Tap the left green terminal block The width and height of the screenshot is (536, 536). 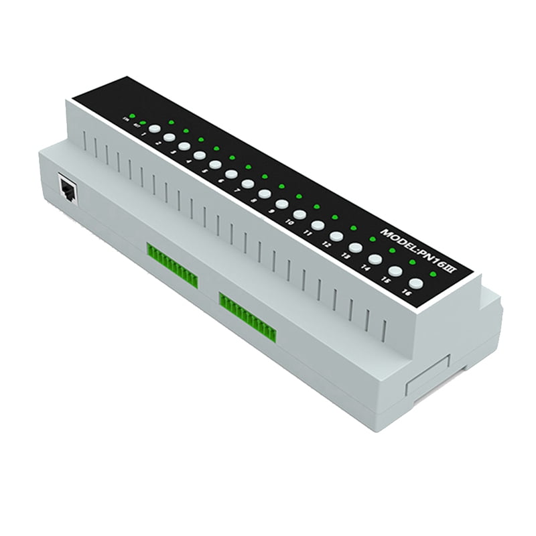pyautogui.click(x=172, y=263)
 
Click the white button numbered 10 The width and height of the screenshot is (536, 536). pyautogui.click(x=299, y=214)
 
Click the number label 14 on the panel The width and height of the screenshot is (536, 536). pyautogui.click(x=365, y=267)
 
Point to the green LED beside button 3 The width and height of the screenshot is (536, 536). pyautogui.click(x=186, y=131)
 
